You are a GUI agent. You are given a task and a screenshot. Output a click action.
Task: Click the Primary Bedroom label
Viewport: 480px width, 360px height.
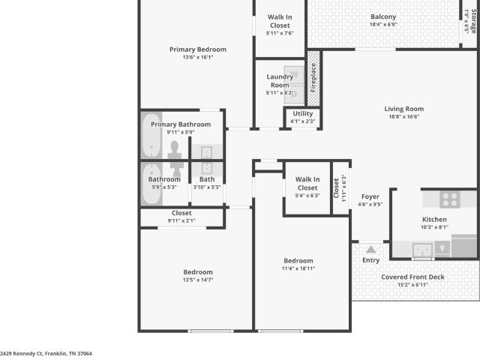pos(198,49)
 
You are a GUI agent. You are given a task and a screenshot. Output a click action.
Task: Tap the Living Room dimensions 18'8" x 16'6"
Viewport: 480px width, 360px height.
pos(404,117)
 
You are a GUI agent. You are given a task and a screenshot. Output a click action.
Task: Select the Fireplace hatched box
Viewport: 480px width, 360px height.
pos(313,78)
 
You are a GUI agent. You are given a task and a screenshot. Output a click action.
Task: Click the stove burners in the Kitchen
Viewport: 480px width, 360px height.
pos(450,199)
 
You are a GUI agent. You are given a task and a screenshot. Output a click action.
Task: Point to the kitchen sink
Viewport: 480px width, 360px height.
pos(422,250)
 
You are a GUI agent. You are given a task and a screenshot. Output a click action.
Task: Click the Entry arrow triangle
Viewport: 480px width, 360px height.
pos(370,250)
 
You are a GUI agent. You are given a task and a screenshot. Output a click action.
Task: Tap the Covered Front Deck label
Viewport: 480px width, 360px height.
pos(412,277)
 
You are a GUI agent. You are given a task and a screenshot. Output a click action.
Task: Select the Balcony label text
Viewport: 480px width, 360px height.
pos(383,16)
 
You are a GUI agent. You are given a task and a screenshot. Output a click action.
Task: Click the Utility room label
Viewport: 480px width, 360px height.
pos(303,113)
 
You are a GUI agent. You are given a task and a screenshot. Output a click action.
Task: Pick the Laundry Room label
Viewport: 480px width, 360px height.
pos(280,81)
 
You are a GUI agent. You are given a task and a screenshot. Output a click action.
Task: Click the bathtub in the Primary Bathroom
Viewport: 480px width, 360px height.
pos(151,136)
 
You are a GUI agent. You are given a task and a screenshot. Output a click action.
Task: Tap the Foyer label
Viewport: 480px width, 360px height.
pos(370,196)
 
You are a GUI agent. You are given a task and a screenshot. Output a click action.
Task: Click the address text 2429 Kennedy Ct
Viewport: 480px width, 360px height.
pos(21,353)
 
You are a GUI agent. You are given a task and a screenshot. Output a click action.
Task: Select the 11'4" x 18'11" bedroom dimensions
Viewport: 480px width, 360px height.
pos(298,268)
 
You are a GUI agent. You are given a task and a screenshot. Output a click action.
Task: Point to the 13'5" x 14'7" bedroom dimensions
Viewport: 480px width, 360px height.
pos(198,280)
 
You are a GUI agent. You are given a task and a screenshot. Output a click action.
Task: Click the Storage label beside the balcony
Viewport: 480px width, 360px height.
pos(473,21)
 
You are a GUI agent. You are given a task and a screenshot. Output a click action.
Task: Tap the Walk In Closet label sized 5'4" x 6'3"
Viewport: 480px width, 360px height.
pos(307,183)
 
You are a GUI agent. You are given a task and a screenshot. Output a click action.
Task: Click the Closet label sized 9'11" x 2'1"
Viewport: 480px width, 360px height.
pos(181,213)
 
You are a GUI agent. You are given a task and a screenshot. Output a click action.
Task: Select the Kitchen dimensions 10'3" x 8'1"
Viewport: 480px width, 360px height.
pos(434,227)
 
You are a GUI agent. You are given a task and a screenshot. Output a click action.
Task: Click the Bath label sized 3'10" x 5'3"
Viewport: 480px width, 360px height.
pos(207,179)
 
